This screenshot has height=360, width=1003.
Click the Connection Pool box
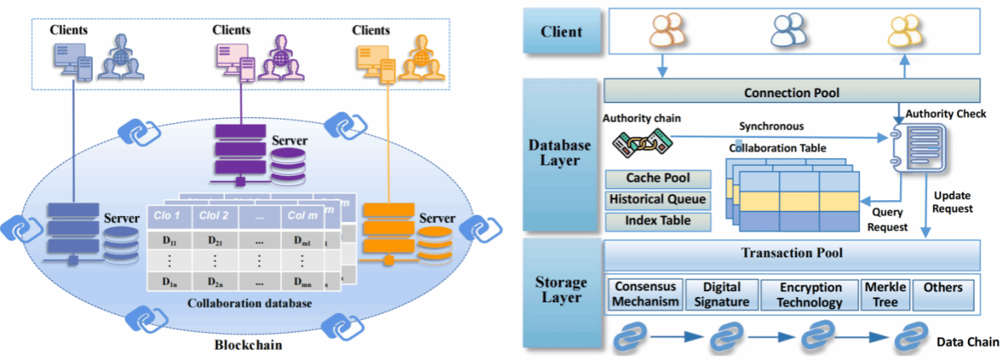tap(792, 91)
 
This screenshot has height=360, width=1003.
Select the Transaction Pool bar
tap(792, 254)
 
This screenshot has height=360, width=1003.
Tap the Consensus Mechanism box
tap(646, 295)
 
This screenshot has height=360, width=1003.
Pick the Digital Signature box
tap(722, 295)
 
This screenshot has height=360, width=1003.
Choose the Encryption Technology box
tap(810, 295)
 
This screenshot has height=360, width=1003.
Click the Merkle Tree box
tap(885, 295)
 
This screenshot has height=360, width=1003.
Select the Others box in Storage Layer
tap(944, 289)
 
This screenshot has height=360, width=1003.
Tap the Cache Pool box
tap(657, 178)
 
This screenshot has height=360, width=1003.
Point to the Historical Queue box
tap(657, 200)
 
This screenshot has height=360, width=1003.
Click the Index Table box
tap(657, 221)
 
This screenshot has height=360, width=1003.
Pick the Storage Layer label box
tap(561, 290)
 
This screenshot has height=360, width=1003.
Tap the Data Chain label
tap(967, 342)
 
